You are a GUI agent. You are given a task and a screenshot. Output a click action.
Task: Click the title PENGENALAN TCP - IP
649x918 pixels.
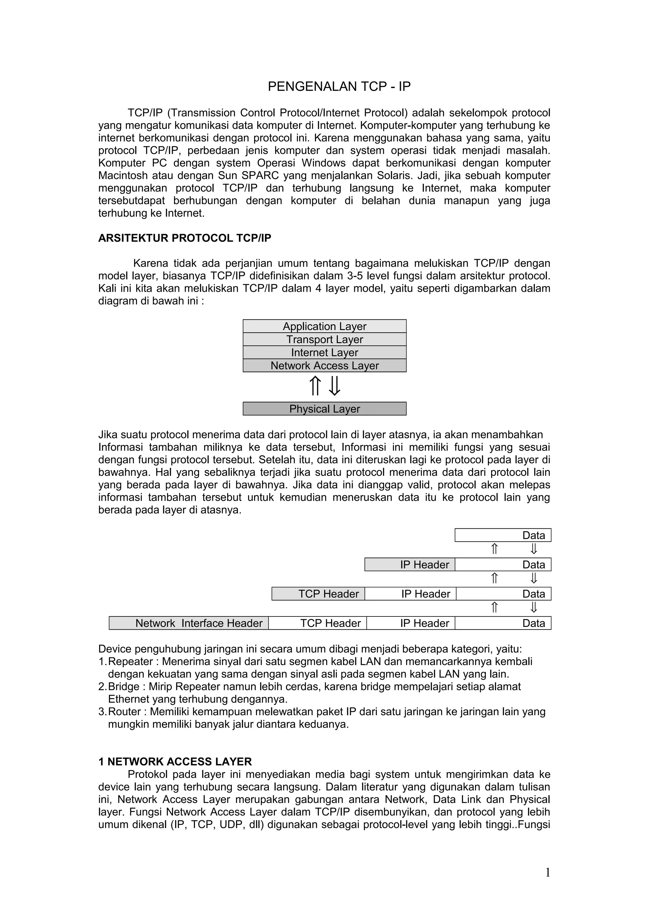(339, 86)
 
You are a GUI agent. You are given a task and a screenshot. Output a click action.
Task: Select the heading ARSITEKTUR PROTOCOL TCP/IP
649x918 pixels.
(184, 238)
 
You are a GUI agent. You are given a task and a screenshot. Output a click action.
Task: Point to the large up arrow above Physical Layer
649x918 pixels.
(315, 386)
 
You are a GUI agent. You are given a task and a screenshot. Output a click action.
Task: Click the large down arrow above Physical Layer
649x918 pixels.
(334, 386)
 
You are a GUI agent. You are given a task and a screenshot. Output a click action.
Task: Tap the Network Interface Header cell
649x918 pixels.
(189, 623)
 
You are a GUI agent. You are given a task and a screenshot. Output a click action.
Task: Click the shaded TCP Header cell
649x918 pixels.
(318, 594)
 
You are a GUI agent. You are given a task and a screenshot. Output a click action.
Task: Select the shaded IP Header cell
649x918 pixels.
(409, 564)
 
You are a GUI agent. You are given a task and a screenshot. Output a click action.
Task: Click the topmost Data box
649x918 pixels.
(503, 535)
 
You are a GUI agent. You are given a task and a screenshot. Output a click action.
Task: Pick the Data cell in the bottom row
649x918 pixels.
(503, 623)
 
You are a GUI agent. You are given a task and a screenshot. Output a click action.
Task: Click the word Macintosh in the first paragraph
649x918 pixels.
(123, 175)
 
